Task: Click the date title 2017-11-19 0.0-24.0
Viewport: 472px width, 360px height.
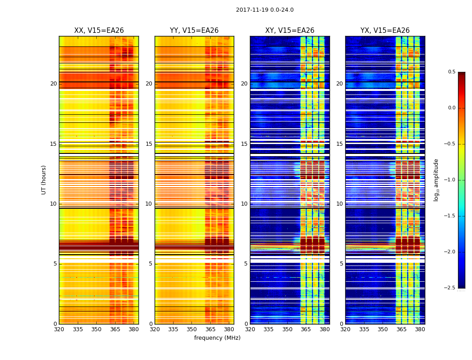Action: [x=264, y=10]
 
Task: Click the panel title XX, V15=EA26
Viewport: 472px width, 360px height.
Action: [x=99, y=31]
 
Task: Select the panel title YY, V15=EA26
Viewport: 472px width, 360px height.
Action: [x=194, y=31]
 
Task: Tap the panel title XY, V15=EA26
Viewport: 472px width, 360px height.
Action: [x=289, y=31]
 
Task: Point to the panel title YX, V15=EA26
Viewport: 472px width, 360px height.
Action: [x=385, y=31]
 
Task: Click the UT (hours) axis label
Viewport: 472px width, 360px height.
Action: [x=44, y=180]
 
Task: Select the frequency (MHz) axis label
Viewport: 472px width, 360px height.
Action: [x=217, y=338]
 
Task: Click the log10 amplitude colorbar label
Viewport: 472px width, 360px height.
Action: [x=436, y=180]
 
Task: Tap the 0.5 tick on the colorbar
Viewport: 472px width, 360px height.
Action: [x=451, y=72]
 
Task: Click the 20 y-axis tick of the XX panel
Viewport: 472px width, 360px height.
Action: [x=53, y=84]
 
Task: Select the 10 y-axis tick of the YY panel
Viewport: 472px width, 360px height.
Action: [x=149, y=204]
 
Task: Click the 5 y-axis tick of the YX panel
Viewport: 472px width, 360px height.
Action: [x=341, y=264]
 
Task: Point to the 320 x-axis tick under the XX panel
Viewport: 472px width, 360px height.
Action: [x=59, y=329]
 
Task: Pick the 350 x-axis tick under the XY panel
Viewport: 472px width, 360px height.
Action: [x=287, y=329]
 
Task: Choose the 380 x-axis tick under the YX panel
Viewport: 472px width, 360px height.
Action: [x=420, y=329]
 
